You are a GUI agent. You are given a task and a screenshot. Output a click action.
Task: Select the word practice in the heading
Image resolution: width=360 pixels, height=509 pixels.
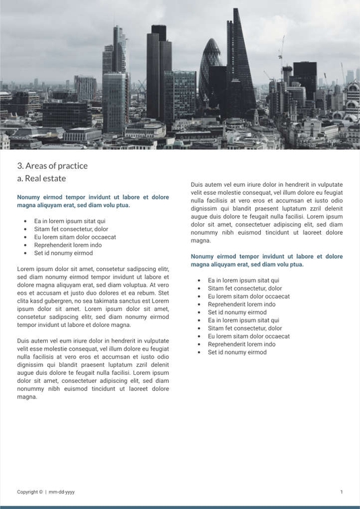[x=73, y=166]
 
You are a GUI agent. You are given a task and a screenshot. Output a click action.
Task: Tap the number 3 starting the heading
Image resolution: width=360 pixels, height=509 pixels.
[x=20, y=166]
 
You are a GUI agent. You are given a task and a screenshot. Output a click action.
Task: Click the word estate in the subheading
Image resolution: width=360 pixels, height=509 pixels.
[x=54, y=179]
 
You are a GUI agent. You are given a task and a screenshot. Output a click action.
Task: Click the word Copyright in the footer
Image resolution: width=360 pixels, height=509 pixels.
[x=28, y=492]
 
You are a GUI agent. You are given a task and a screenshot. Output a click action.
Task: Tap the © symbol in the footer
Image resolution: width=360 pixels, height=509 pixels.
[x=41, y=492]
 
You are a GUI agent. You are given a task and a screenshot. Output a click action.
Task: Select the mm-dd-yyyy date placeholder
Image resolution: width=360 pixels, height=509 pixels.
[x=62, y=492]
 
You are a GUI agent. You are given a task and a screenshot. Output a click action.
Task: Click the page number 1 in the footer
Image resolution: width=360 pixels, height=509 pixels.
[x=341, y=492]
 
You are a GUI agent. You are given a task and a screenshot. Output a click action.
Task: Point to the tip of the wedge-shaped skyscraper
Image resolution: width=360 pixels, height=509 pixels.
[x=236, y=9]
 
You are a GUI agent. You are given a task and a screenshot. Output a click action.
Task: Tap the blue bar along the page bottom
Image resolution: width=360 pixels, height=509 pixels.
[x=180, y=507]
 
